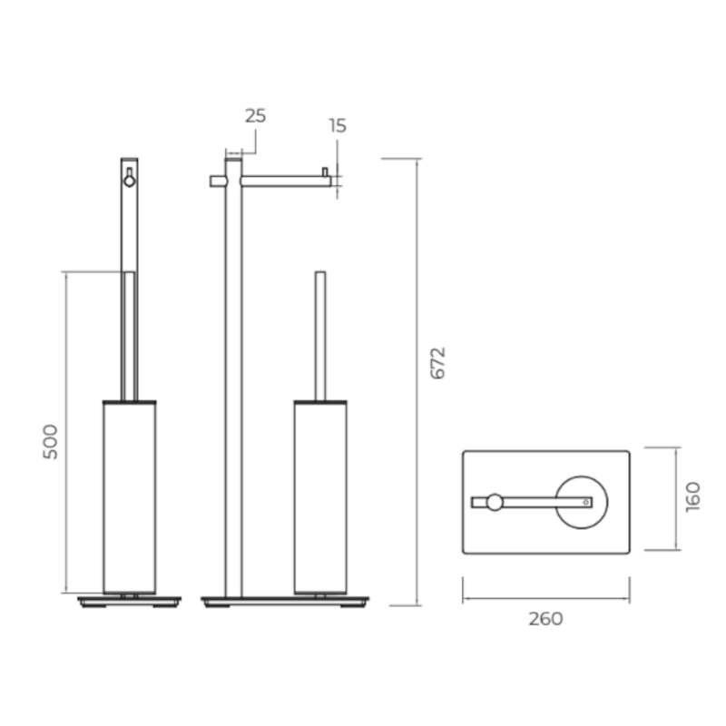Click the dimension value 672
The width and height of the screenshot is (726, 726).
[x=438, y=363]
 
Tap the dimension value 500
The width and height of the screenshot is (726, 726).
[x=51, y=442]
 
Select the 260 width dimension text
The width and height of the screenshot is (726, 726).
[x=546, y=619]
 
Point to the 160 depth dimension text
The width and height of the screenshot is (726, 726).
[x=693, y=496]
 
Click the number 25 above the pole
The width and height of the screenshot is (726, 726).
[x=256, y=116]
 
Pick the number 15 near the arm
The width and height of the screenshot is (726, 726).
[x=338, y=125]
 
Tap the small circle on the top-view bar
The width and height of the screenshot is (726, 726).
[x=495, y=503]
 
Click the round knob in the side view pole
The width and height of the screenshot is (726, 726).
[x=130, y=181]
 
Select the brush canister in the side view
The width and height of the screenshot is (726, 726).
[x=130, y=496]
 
